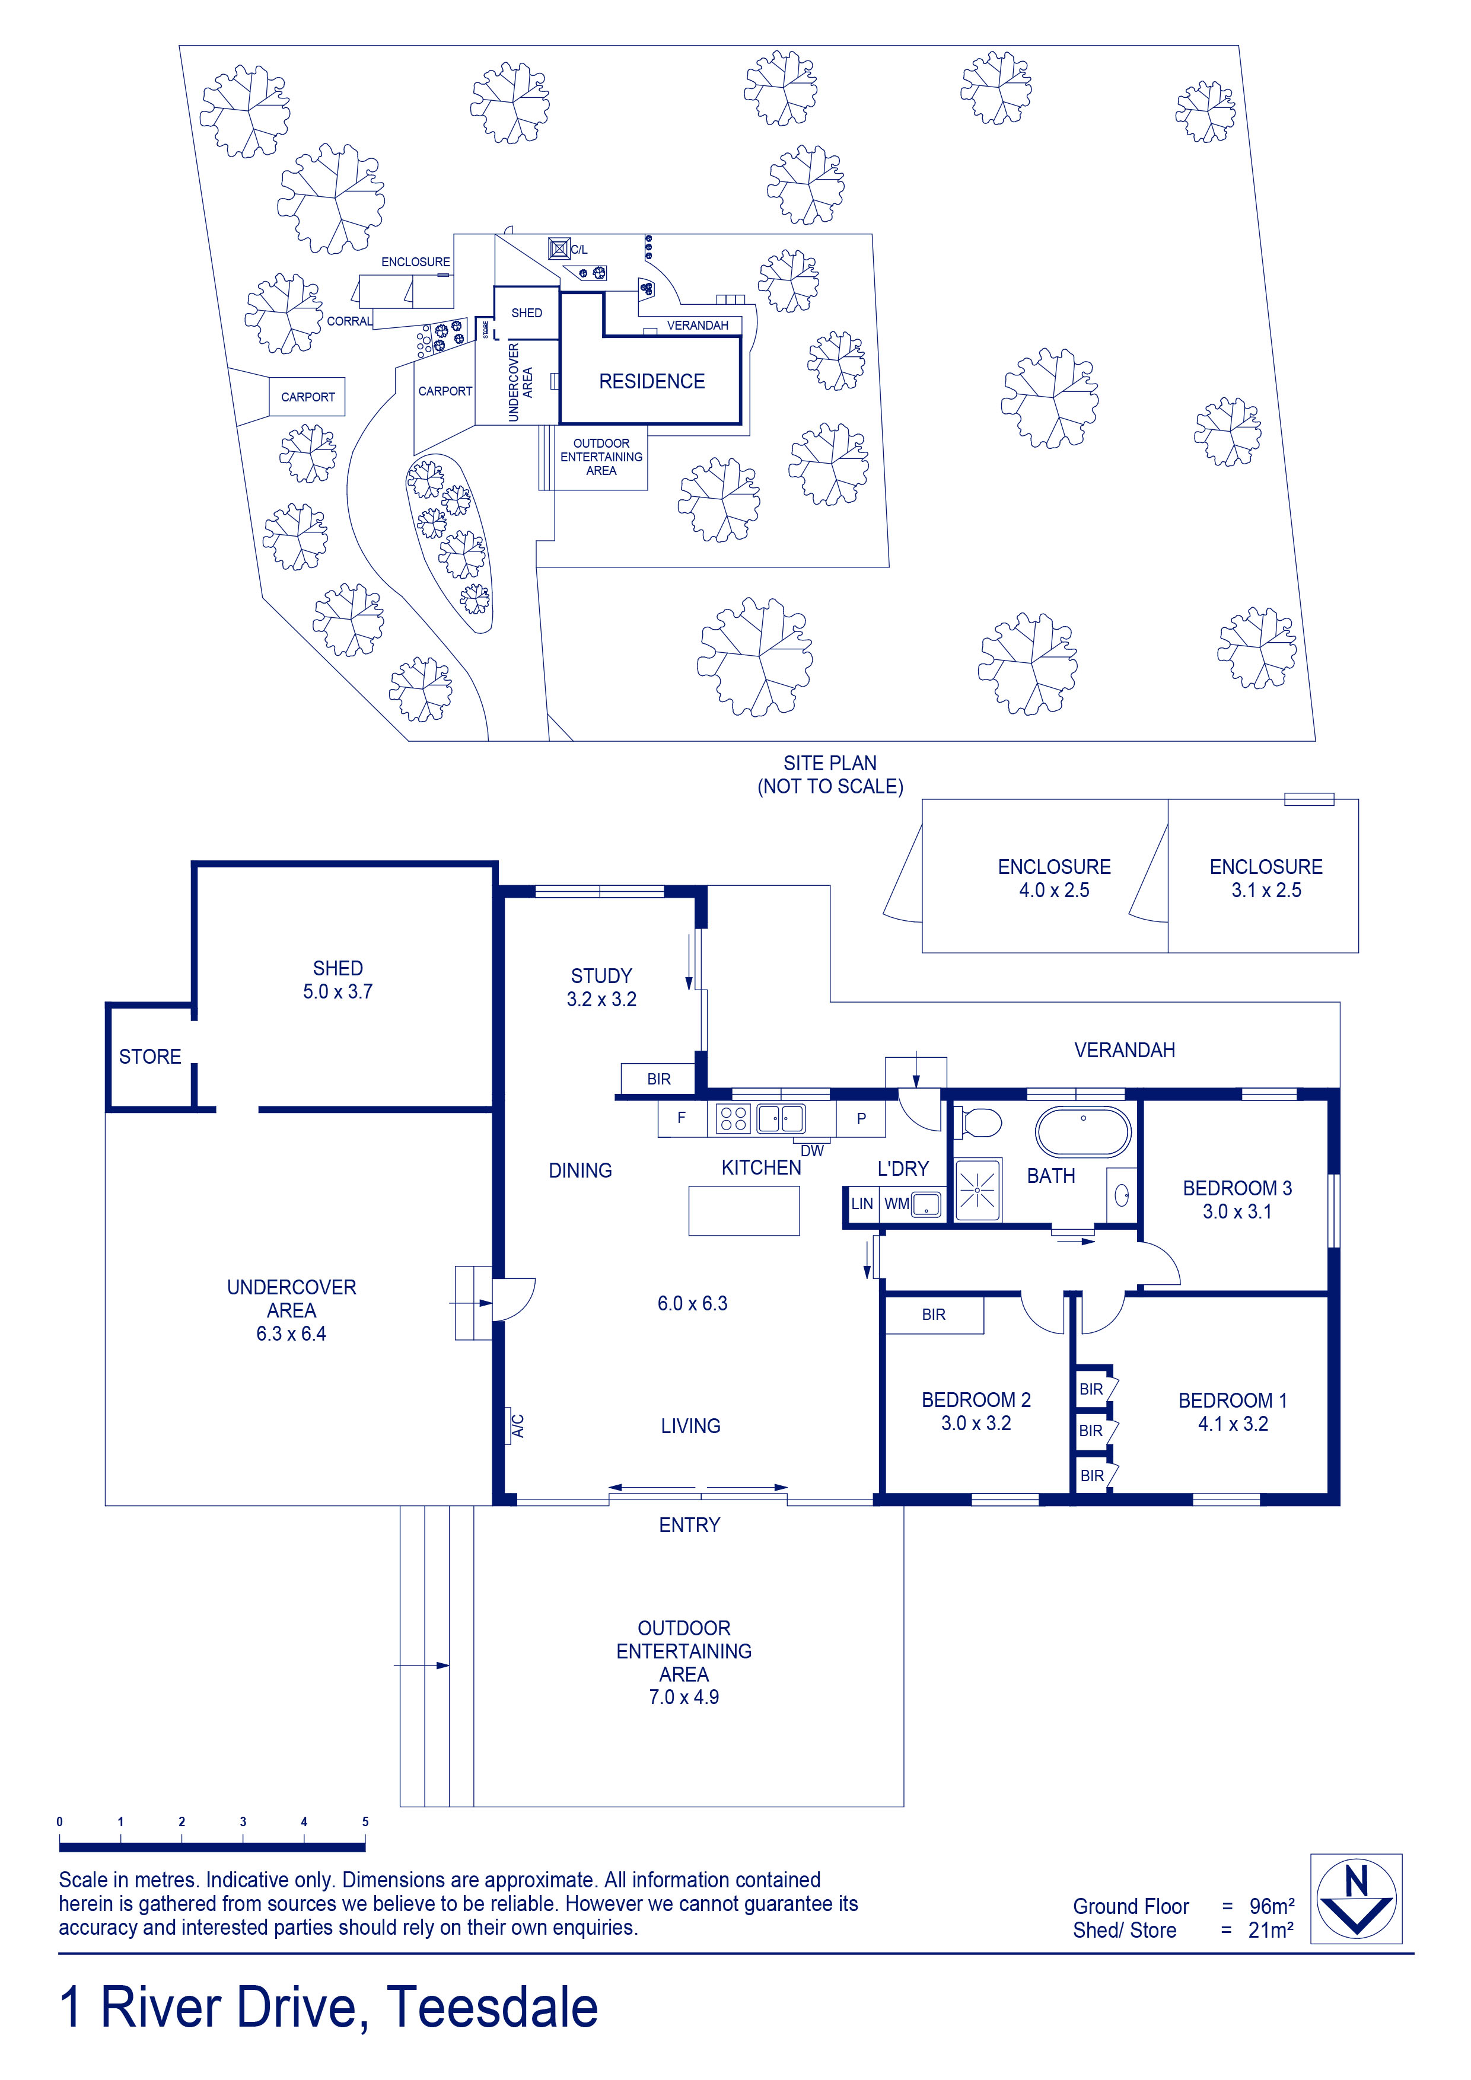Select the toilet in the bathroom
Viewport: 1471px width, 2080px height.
(x=978, y=1124)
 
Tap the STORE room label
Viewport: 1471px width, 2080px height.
(x=151, y=1057)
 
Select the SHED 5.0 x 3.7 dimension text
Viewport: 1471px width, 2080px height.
(x=338, y=992)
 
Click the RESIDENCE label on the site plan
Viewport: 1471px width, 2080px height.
(x=652, y=381)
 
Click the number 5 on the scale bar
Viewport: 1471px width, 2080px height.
(x=365, y=1822)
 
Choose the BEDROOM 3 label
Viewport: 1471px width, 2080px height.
(x=1237, y=1188)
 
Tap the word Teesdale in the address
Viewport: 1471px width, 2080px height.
(x=493, y=2008)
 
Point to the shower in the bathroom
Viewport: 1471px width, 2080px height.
(x=979, y=1189)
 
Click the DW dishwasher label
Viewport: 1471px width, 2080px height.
(x=812, y=1150)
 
